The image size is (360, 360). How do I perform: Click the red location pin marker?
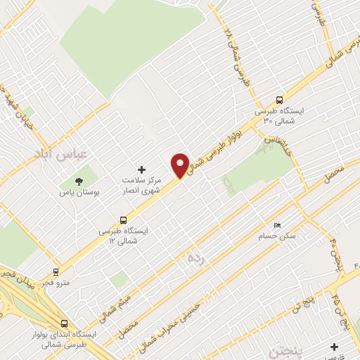tap(181, 164)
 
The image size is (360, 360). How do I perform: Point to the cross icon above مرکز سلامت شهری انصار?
tap(141, 170)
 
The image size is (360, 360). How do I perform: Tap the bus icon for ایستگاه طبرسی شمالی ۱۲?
tap(124, 219)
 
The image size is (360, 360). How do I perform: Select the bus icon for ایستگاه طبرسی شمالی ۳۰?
tap(281, 100)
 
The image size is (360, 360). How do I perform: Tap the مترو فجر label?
tap(56, 282)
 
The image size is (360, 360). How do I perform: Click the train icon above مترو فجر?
tap(56, 271)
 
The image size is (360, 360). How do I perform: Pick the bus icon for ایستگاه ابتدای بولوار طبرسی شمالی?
tap(64, 323)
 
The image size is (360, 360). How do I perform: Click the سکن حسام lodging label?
tap(281, 236)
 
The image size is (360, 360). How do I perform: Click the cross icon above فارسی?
tap(334, 346)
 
